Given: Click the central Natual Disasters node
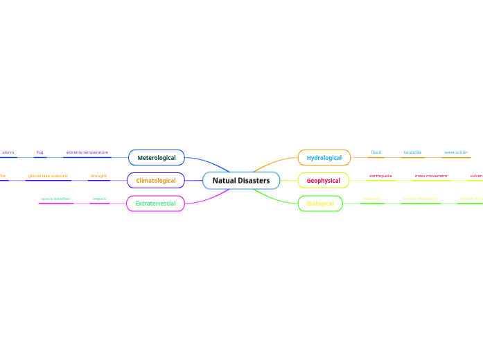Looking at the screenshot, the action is point(241,181).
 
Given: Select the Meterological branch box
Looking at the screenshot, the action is point(157,158).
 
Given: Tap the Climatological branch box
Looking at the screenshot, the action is point(156,181).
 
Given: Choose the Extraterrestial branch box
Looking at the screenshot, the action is point(155,204).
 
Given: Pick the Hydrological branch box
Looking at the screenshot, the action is point(324,158).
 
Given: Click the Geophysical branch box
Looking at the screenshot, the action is point(324,181).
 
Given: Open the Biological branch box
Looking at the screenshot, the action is point(320,204).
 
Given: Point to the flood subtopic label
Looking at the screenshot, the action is point(376,152).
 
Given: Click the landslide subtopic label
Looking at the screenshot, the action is point(412,152).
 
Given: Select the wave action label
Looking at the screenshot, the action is point(456,152).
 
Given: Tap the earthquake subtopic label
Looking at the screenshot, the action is point(380,176).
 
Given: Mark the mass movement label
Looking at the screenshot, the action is point(431,176).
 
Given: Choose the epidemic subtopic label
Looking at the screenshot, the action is point(372,199).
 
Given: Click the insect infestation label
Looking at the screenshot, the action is point(421,199).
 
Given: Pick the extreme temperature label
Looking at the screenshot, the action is point(87,152).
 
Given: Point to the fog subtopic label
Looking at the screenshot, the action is point(40,152).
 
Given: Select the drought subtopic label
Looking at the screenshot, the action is point(98,176).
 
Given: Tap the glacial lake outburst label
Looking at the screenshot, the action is point(48,176).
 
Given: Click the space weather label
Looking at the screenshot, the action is point(55,199).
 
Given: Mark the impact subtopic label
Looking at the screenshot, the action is point(99,199).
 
